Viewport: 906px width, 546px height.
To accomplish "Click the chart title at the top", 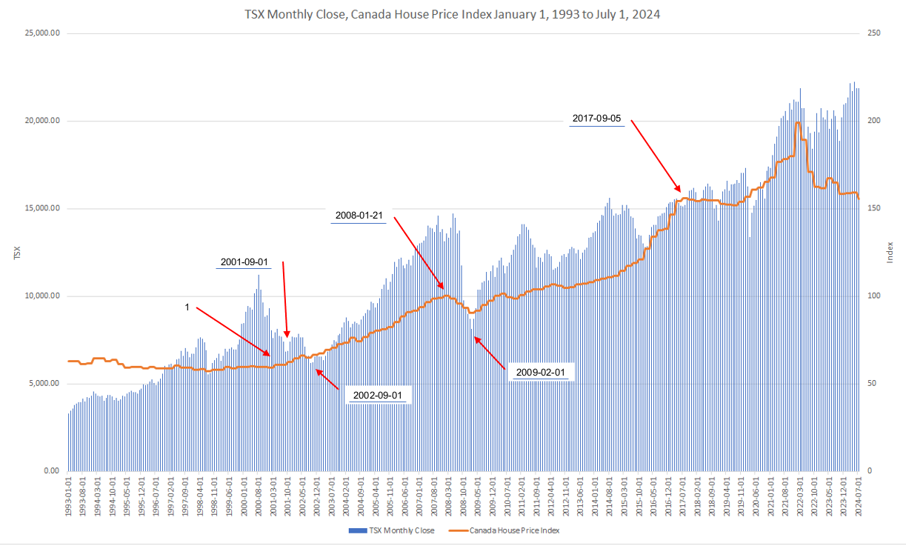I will (452, 13).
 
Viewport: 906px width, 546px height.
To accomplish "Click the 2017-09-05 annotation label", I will (596, 119).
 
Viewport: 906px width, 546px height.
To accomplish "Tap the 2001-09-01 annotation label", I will (244, 262).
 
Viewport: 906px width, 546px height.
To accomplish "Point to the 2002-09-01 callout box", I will (378, 395).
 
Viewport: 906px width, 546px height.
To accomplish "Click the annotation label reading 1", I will (187, 306).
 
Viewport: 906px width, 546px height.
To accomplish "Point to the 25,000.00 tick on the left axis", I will (42, 33).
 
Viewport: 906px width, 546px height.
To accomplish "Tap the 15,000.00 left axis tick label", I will (42, 208).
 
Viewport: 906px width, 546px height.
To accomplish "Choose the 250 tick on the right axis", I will (875, 33).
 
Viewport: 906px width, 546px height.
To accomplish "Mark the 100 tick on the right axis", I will (875, 296).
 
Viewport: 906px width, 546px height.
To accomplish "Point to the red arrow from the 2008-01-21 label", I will (419, 253).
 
